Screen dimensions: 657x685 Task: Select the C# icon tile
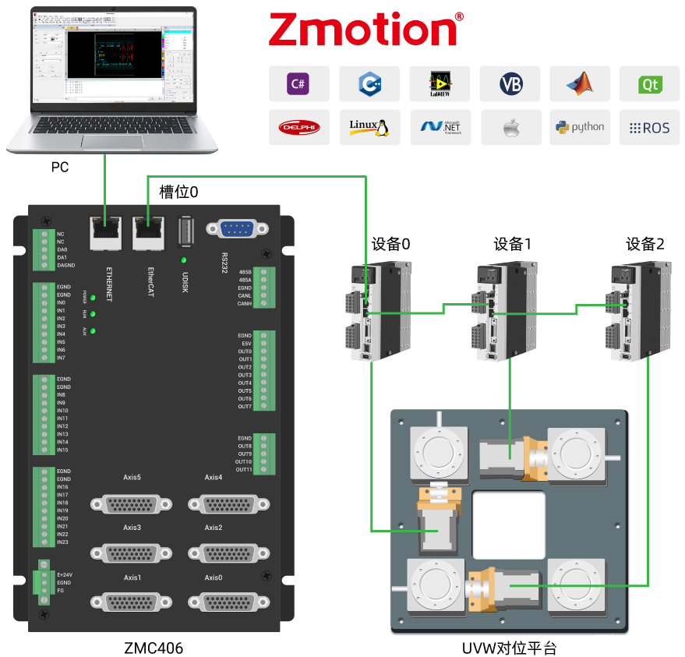(298, 83)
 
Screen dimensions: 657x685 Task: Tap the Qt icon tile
(648, 83)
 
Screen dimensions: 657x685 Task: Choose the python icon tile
(579, 127)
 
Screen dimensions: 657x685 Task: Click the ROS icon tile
(648, 127)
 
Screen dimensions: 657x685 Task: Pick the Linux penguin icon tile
(369, 127)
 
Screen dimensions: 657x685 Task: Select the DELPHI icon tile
(298, 127)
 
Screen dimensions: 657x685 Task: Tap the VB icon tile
(510, 83)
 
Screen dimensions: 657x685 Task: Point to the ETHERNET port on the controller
(106, 231)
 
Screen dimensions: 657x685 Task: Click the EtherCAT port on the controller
(148, 231)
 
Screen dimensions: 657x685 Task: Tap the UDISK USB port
(185, 231)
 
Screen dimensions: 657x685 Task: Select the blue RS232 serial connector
(238, 228)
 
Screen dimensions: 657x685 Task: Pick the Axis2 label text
(214, 528)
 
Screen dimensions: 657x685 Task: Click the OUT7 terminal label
(245, 407)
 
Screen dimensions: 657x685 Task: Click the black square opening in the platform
(508, 524)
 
